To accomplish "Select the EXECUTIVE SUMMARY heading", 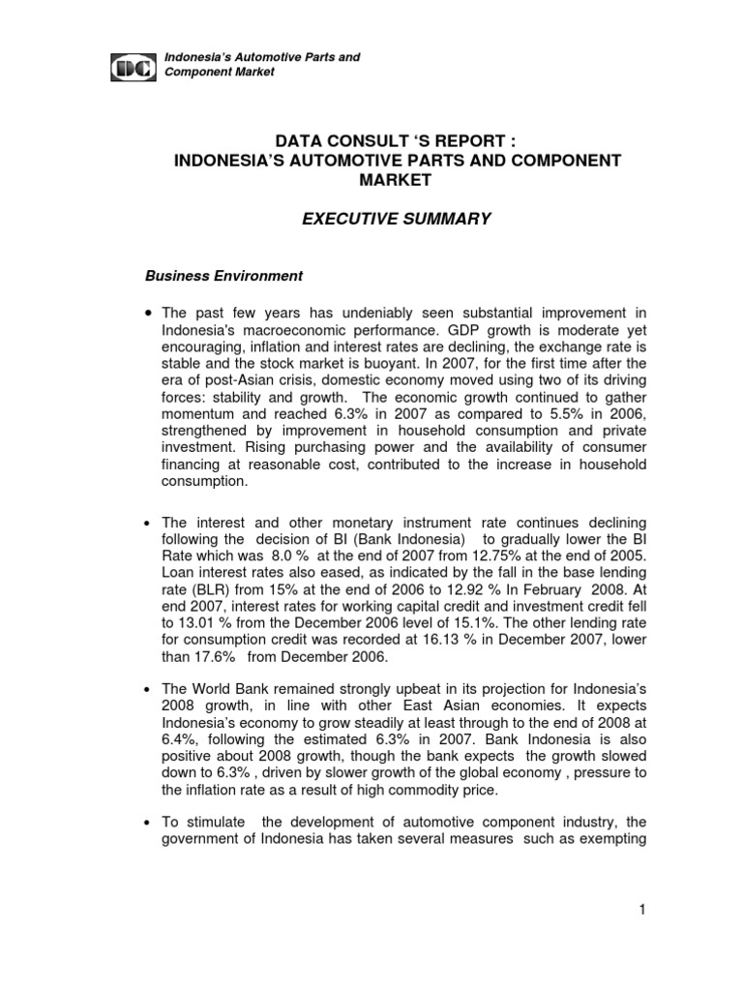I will tap(397, 220).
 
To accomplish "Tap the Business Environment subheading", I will tap(223, 276).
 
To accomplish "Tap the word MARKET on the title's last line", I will tap(397, 179).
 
